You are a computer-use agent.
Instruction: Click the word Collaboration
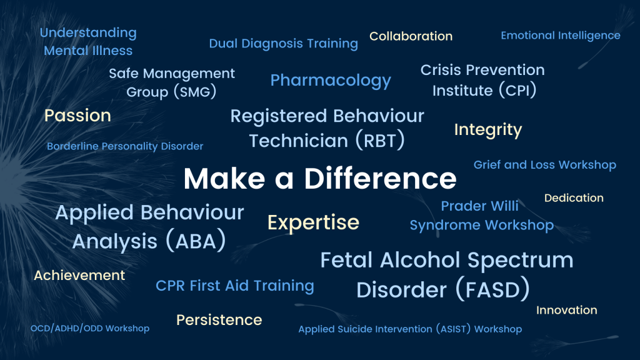tap(411, 36)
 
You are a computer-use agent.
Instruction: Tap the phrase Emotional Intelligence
tap(560, 36)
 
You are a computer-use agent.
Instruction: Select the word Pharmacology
tap(330, 81)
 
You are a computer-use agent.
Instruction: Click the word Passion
tap(77, 116)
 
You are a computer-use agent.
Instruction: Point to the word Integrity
tap(487, 130)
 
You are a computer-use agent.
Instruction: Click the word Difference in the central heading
tap(380, 179)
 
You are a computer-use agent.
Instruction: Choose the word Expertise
tap(313, 222)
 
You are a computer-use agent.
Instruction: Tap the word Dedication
tap(574, 198)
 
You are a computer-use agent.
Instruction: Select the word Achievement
tap(79, 276)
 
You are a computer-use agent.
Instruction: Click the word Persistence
tap(219, 320)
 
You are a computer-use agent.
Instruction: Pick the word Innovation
tap(566, 310)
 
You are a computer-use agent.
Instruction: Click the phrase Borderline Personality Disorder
tap(125, 146)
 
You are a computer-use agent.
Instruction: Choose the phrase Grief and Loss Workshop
tap(544, 165)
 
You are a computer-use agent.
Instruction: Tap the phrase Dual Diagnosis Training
tap(283, 44)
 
